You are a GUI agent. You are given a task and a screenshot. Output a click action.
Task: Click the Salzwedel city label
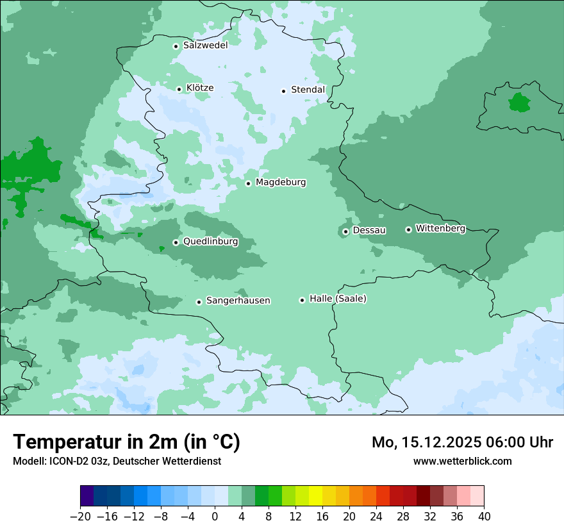[x=205, y=46]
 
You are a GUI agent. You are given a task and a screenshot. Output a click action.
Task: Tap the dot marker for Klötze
[x=179, y=89]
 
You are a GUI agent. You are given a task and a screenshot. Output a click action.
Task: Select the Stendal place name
[x=308, y=90]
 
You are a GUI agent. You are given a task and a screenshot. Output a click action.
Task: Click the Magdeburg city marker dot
[x=248, y=183]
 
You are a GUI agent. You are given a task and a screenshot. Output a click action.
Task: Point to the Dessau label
[x=369, y=230]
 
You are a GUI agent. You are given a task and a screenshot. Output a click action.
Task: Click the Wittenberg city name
[x=440, y=228]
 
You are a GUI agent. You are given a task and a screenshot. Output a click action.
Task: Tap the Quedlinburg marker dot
[x=176, y=242]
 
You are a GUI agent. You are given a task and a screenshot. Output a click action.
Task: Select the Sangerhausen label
[x=238, y=301]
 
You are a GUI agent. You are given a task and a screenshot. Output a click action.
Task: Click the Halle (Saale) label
[x=338, y=299]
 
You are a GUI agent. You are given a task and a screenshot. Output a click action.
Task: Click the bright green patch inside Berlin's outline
[x=518, y=102]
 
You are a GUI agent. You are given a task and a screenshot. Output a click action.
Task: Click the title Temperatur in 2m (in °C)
[x=126, y=442]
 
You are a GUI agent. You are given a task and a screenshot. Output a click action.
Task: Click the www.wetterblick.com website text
[x=462, y=461]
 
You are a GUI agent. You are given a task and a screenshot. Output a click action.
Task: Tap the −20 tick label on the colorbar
[x=80, y=517]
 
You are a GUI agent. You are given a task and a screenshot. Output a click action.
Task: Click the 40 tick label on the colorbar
[x=484, y=517]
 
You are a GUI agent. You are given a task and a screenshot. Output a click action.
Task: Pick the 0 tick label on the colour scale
[x=215, y=517]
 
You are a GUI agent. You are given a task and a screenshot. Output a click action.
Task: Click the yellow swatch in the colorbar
[x=315, y=496]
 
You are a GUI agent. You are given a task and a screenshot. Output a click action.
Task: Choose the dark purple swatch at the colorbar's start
[x=87, y=496]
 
